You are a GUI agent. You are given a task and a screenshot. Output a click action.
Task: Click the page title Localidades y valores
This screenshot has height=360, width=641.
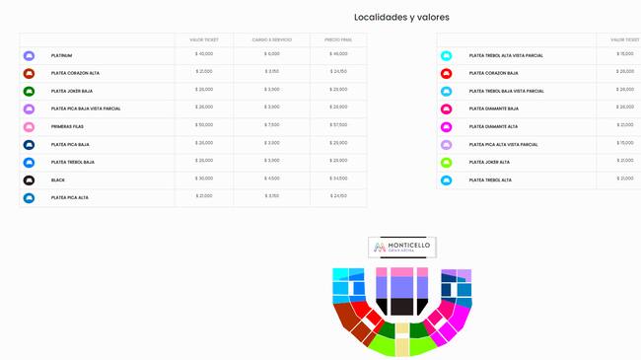[401, 17]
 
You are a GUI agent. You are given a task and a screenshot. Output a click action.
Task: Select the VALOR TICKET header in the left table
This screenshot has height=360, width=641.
[204, 39]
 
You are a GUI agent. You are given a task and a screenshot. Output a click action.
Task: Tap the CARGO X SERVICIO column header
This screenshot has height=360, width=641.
[271, 39]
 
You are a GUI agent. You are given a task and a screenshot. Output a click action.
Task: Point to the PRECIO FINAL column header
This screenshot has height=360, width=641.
[338, 39]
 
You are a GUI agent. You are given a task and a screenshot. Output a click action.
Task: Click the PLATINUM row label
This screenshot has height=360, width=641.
[61, 55]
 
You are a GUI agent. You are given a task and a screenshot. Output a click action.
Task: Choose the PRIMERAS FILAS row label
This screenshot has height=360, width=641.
[68, 126]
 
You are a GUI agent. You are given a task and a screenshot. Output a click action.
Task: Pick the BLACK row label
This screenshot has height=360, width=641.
[57, 180]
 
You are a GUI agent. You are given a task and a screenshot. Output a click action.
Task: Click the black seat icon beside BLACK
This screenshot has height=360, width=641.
[29, 180]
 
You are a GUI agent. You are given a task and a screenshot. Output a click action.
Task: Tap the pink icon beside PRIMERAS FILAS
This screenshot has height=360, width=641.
[29, 126]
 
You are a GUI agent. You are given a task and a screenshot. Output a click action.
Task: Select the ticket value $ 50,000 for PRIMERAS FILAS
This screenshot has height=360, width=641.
[204, 124]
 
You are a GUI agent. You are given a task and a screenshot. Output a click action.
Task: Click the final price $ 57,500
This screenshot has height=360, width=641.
[338, 124]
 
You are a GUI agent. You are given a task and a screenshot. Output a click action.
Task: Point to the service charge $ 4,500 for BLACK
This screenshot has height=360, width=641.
[272, 178]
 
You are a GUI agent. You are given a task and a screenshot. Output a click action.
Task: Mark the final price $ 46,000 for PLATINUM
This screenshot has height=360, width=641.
[338, 53]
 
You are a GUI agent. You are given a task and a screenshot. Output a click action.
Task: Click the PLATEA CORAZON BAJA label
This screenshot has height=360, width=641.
[493, 73]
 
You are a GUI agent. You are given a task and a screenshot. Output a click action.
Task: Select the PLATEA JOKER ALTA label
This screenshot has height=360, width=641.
[489, 162]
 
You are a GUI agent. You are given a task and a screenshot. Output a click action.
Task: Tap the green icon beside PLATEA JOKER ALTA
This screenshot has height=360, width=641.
[446, 162]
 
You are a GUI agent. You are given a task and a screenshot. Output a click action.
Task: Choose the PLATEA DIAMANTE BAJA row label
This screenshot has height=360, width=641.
[493, 108]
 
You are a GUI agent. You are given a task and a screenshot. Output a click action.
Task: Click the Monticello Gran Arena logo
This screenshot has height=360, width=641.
[401, 247]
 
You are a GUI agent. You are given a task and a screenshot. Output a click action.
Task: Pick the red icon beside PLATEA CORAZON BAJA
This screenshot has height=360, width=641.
[446, 73]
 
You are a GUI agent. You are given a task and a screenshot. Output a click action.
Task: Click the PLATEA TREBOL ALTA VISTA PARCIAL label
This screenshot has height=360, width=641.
[506, 55]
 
